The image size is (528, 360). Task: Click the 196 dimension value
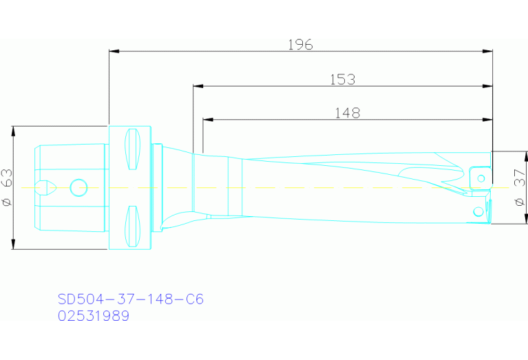point(300,45)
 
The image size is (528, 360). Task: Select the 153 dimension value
point(342,79)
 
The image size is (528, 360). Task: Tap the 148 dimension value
point(347,113)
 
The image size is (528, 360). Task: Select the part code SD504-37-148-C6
point(130,299)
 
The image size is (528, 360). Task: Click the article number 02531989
point(93,316)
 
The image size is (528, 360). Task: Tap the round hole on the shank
point(78,186)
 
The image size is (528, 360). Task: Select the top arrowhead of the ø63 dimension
point(13,131)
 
